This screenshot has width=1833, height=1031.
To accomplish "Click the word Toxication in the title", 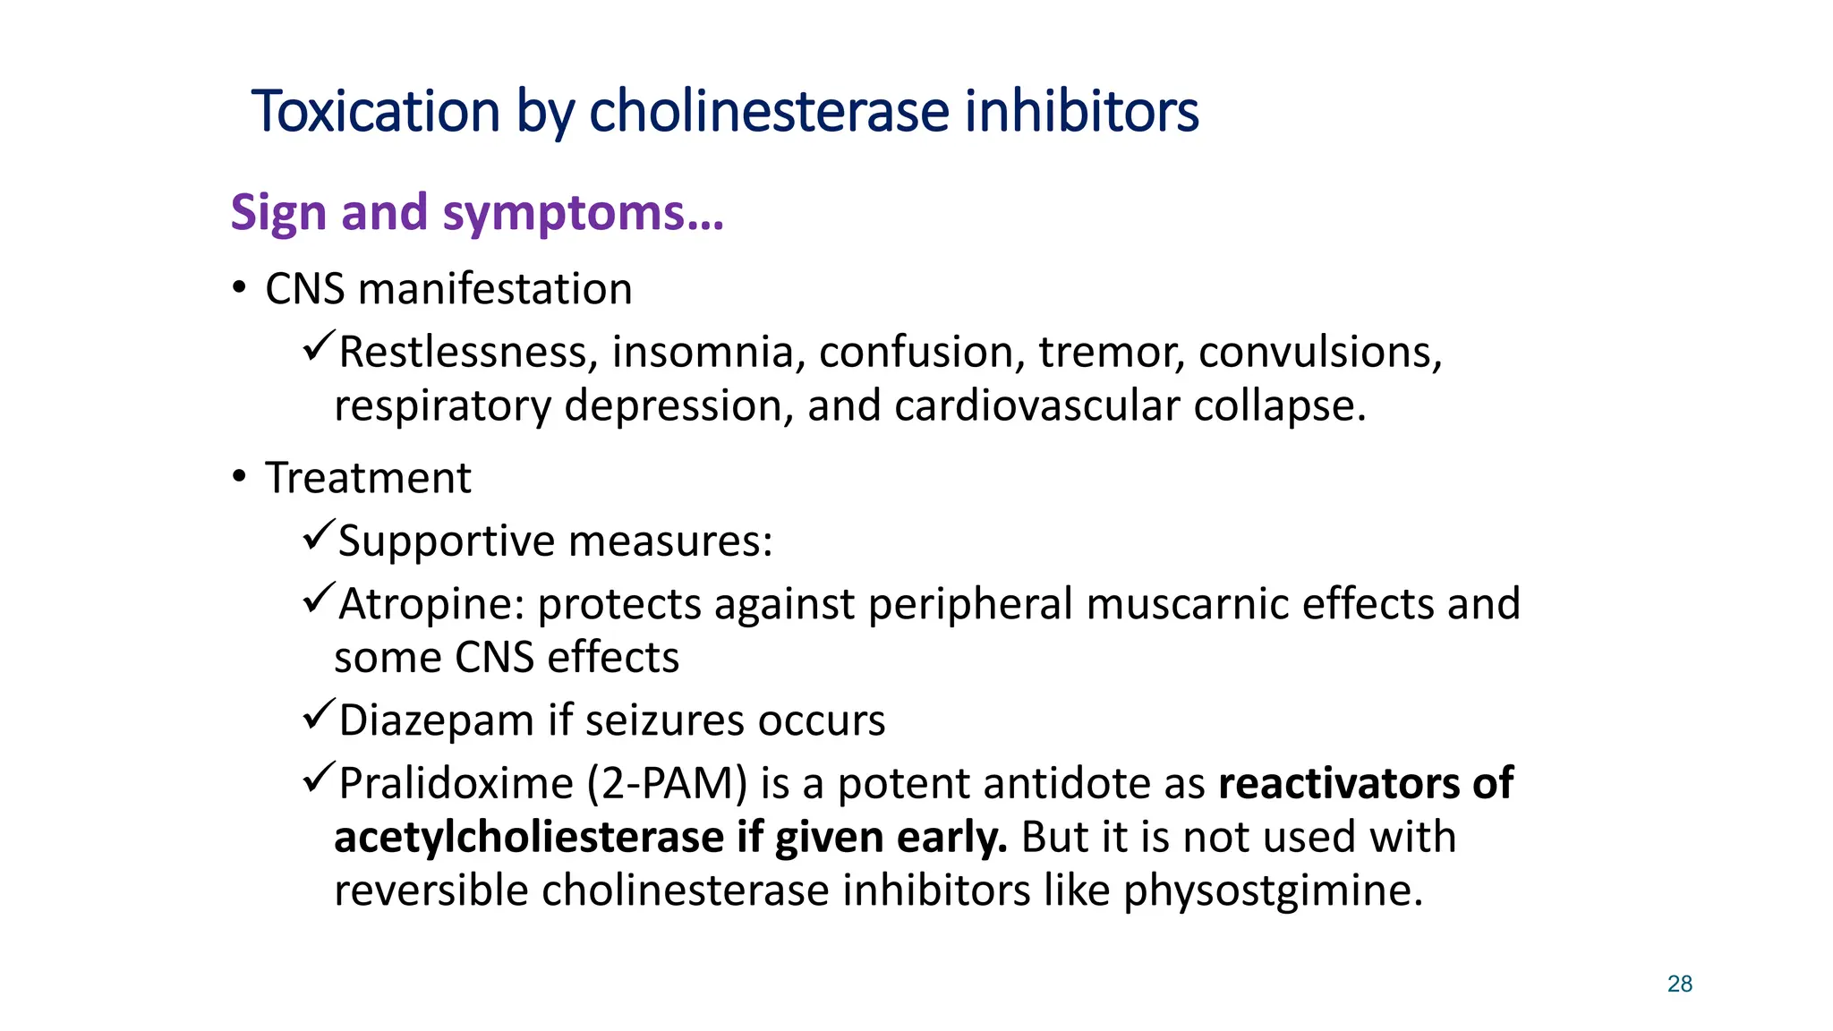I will (x=375, y=112).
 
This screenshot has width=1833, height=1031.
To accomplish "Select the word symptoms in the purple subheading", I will (x=583, y=213).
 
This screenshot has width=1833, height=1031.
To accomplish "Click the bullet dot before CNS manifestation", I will (x=238, y=288).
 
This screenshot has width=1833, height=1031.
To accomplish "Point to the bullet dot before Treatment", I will (x=238, y=477).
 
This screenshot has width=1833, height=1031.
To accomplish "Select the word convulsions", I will (x=1320, y=352).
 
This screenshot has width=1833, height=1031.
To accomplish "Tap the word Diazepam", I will (x=437, y=720).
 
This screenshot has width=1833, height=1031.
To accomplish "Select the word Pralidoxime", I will (x=456, y=784).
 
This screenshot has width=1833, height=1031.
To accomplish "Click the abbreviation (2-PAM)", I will (x=667, y=784).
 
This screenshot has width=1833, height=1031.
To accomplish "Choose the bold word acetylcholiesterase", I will (x=529, y=838).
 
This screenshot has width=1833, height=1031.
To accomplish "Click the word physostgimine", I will (x=1273, y=891).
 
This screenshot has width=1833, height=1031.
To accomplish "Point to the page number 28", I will (x=1679, y=984).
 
